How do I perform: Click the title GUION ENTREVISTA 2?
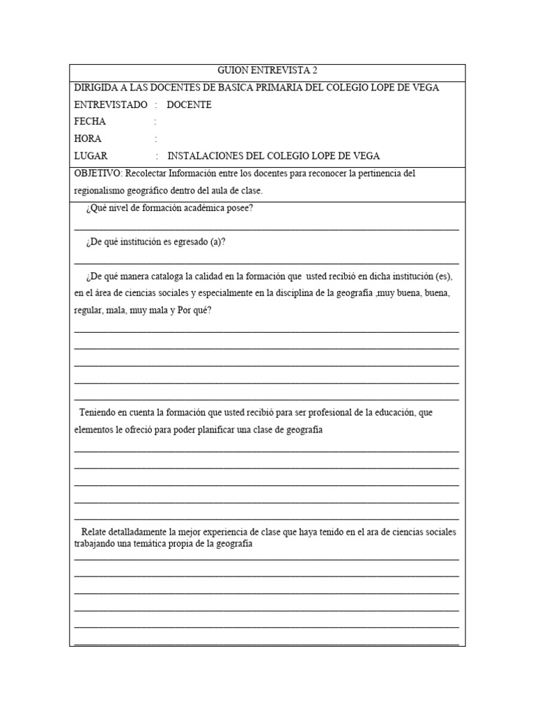pyautogui.click(x=267, y=71)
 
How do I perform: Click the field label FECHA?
pyautogui.click(x=90, y=122)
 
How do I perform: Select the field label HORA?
pyautogui.click(x=88, y=139)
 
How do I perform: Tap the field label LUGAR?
pyautogui.click(x=91, y=156)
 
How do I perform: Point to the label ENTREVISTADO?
pyautogui.click(x=111, y=105)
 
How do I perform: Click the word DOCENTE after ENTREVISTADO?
pyautogui.click(x=189, y=105)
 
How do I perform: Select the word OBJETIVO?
pyautogui.click(x=98, y=173)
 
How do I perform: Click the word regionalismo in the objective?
pyautogui.click(x=102, y=191)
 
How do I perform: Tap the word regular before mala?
pyautogui.click(x=88, y=311)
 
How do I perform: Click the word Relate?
pyautogui.click(x=95, y=533)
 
